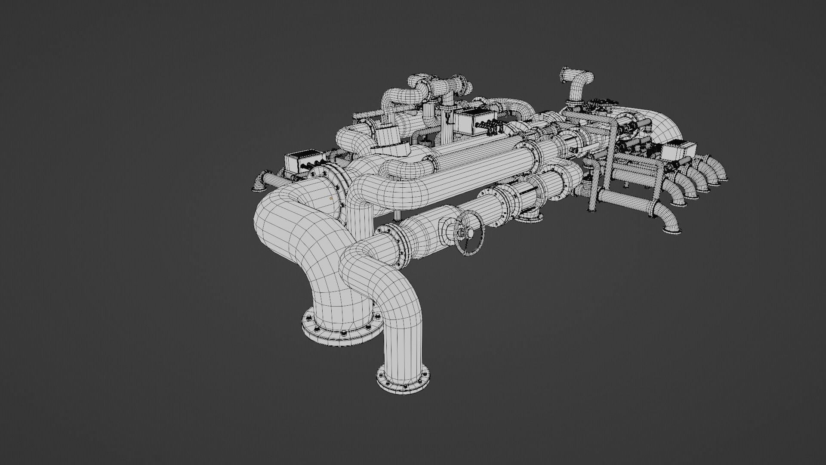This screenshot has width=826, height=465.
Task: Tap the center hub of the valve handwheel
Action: click(x=470, y=233)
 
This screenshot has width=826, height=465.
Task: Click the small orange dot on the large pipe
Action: click(x=330, y=198)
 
